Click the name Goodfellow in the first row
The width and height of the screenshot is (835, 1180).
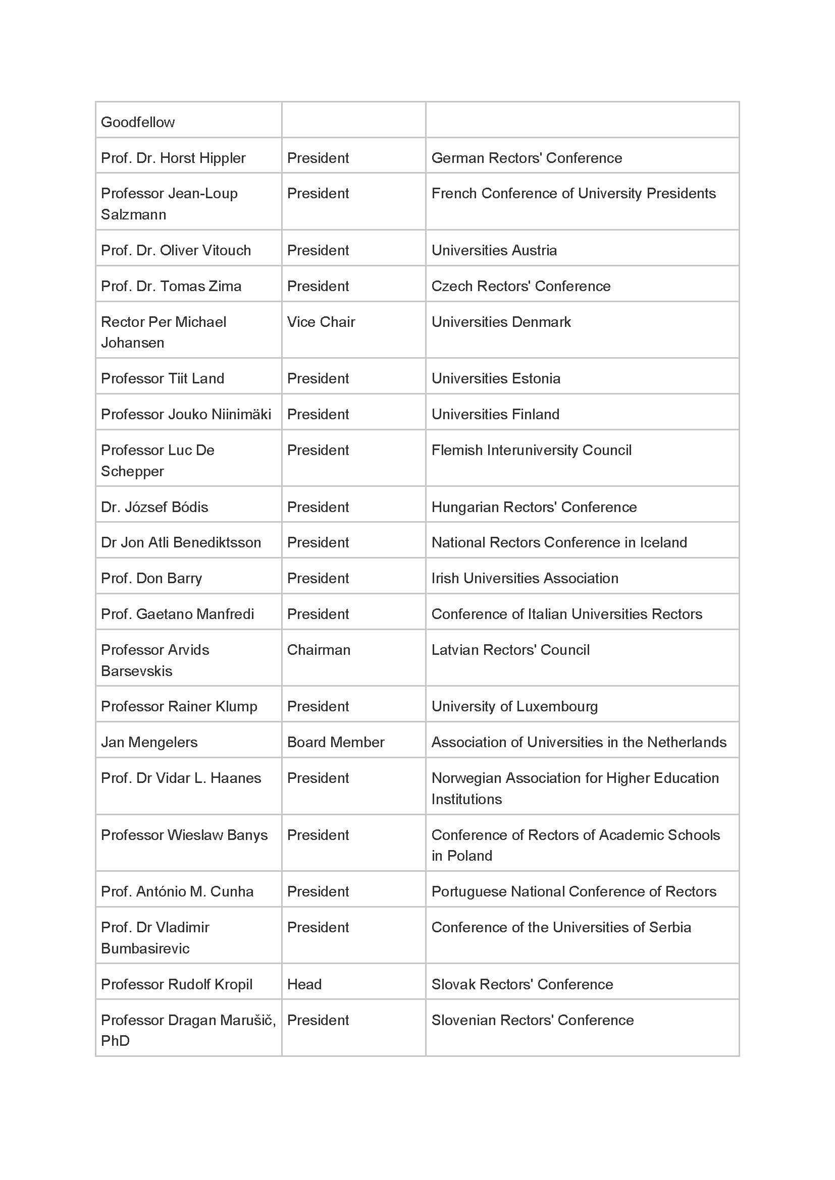[138, 122]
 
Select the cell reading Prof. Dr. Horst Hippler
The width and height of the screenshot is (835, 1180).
[173, 158]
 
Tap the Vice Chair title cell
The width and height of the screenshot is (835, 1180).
[321, 322]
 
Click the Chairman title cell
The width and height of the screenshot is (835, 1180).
[318, 650]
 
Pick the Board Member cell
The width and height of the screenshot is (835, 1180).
[335, 742]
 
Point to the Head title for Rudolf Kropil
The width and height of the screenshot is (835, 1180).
[304, 984]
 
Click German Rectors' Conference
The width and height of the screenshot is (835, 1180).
[527, 158]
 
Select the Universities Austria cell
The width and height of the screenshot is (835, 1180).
[494, 250]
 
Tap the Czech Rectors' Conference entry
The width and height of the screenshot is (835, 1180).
[521, 286]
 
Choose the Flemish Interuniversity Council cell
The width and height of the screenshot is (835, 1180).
[531, 450]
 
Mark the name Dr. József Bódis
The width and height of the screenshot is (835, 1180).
[154, 507]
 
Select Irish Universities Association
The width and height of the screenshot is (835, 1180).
[525, 578]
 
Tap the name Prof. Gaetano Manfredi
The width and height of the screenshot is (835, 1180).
[177, 614]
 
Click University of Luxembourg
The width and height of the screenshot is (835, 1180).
[514, 707]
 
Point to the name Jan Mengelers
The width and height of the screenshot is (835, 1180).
[149, 742]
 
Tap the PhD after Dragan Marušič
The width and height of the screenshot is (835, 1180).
[115, 1041]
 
